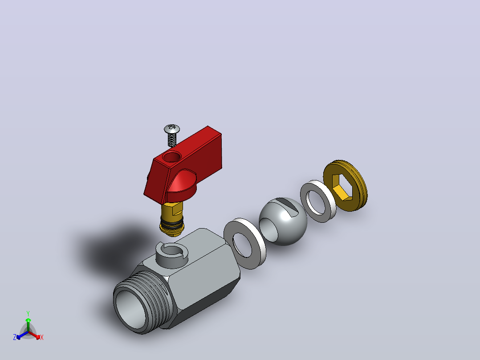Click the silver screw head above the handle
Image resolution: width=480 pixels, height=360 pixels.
click(x=172, y=129)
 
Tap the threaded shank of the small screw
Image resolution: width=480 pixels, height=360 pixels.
click(x=172, y=140)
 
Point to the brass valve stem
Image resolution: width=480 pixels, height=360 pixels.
click(x=172, y=218)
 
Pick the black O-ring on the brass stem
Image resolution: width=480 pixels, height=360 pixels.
click(x=172, y=223)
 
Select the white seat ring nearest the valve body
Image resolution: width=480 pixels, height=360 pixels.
click(x=244, y=244)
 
